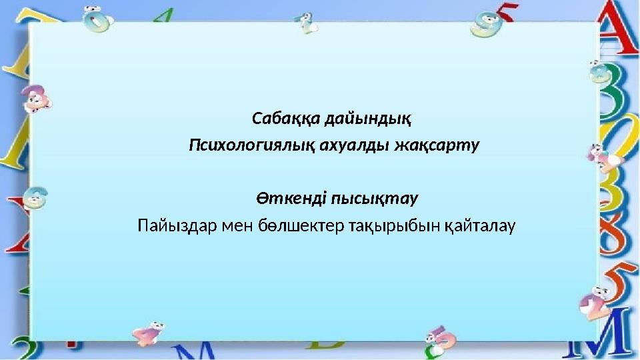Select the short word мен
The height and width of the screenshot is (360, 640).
(x=231, y=225)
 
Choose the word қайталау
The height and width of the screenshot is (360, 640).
(x=477, y=225)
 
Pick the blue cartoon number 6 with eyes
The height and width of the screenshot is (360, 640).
(x=33, y=197)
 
